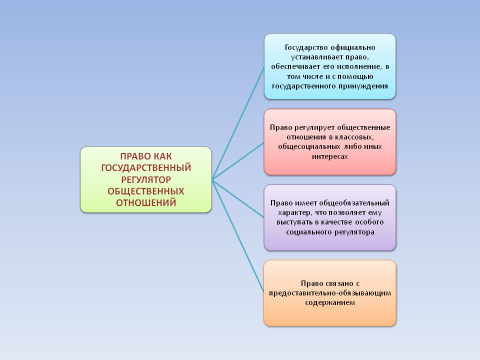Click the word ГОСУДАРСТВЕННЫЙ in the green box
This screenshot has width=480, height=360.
[x=146, y=168]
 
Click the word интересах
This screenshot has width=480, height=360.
[x=329, y=157]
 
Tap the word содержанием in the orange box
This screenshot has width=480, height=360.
[x=329, y=298]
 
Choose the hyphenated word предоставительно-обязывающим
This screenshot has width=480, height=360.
[x=329, y=288]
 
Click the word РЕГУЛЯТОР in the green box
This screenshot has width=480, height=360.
[x=146, y=179]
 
